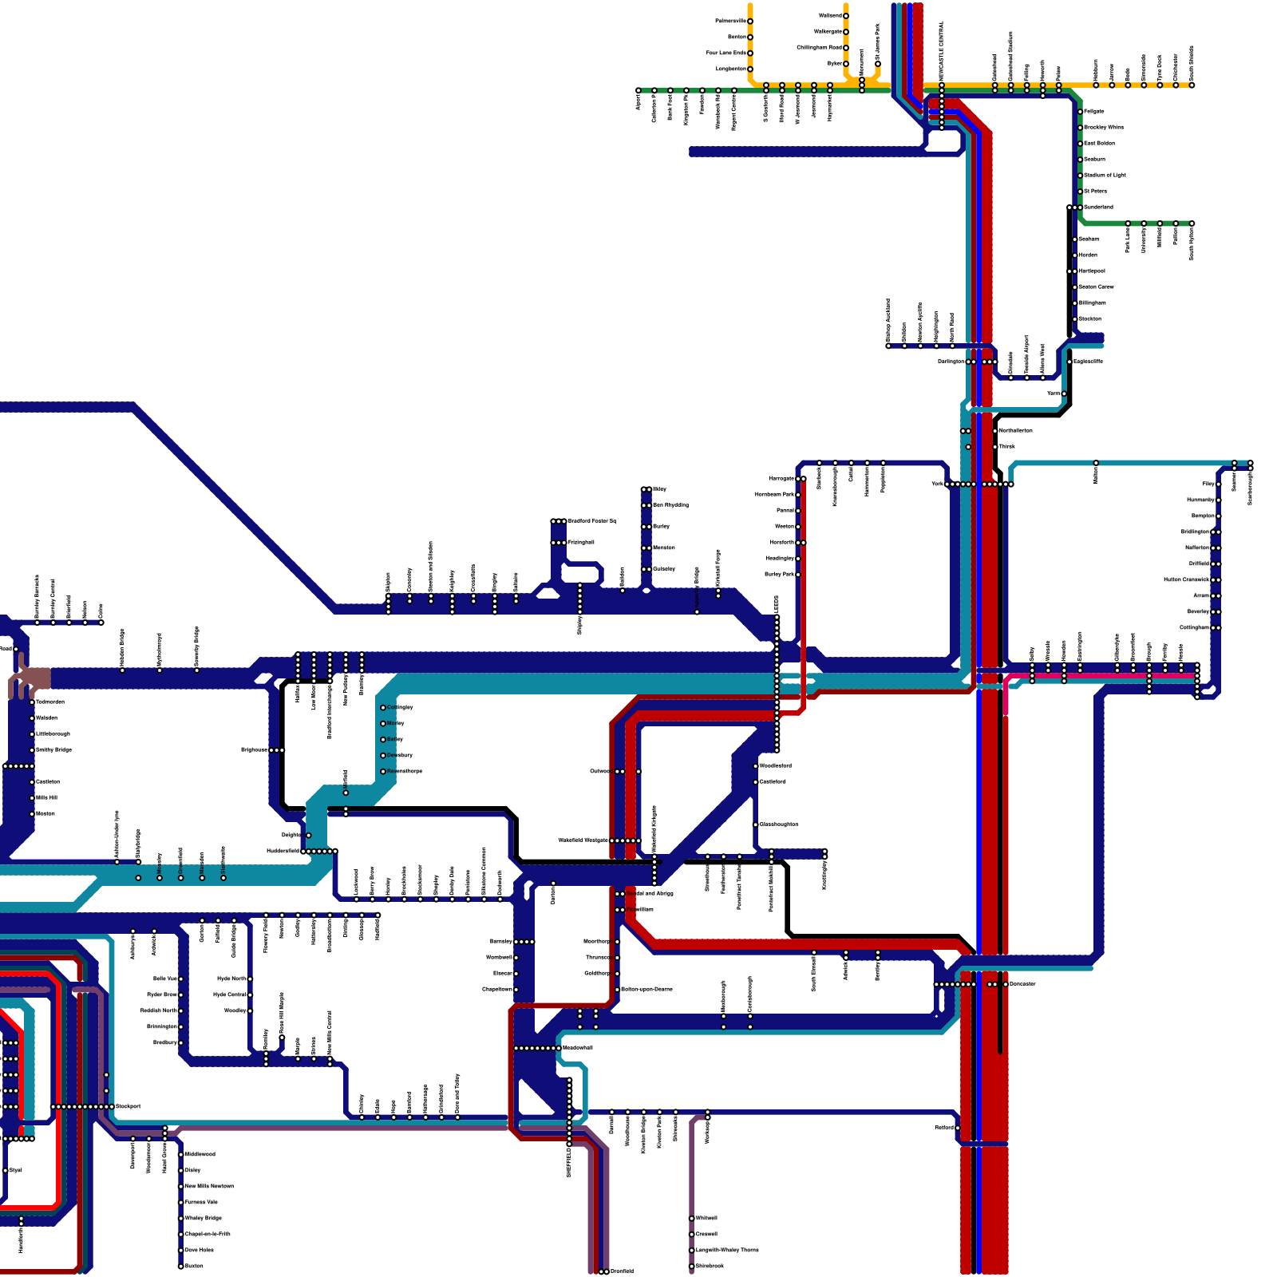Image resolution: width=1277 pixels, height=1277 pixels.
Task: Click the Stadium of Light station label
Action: [x=1105, y=175]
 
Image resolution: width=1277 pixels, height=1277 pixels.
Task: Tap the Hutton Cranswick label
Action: [x=1187, y=579]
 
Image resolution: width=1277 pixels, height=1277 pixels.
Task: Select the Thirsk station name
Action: [x=1006, y=446]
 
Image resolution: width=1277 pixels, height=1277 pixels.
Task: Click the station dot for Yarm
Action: [x=1064, y=393]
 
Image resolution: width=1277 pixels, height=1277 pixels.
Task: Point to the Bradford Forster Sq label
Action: [x=591, y=521]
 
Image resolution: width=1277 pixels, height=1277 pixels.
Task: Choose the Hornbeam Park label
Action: [x=774, y=495]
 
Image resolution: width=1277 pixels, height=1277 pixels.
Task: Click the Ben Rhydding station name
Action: [x=670, y=505]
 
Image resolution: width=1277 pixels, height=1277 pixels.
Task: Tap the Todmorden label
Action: [x=50, y=702]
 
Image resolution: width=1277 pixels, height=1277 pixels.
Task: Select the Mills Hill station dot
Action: [x=32, y=797]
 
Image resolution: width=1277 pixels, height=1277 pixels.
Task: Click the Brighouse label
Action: [x=254, y=750]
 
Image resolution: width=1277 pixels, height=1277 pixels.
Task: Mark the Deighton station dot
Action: [x=309, y=836]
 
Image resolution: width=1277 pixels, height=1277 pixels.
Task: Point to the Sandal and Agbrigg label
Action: [x=650, y=893]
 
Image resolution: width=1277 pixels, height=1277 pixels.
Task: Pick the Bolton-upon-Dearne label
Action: [x=646, y=989]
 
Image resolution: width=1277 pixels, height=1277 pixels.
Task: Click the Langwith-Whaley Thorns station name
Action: [x=726, y=1250]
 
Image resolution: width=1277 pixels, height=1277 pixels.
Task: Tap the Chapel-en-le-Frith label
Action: [x=208, y=1234]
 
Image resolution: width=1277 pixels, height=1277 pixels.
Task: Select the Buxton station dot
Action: [x=180, y=1266]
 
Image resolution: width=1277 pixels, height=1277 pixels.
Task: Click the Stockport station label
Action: [x=128, y=1106]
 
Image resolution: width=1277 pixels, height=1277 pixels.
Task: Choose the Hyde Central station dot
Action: [x=250, y=994]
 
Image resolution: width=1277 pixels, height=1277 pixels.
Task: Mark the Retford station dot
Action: [x=958, y=1128]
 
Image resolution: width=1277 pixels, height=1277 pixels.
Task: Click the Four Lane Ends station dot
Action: [x=750, y=53]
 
